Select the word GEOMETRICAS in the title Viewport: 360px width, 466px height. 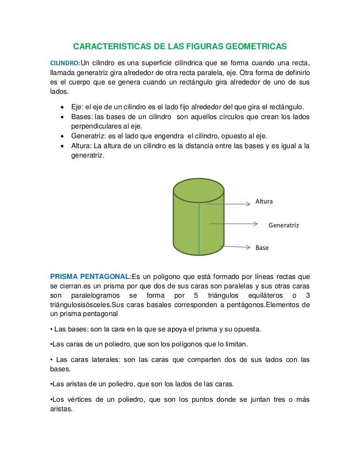point(256,47)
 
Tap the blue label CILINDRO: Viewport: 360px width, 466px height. point(65,63)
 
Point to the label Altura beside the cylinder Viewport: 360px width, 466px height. point(264,201)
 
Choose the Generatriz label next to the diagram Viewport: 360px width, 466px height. point(284,225)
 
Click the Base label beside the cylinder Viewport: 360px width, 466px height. point(262,248)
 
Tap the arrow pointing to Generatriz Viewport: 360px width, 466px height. point(234,224)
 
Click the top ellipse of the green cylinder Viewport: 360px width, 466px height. point(198,191)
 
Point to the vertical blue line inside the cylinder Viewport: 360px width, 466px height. point(199,229)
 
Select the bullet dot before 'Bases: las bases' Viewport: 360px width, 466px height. point(62,117)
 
